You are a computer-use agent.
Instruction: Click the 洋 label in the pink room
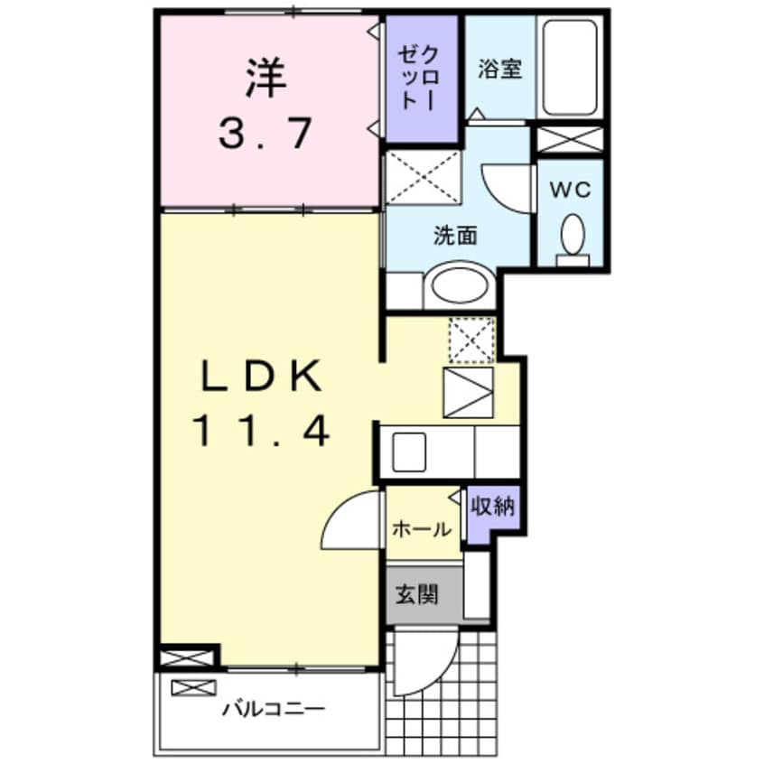tap(266, 78)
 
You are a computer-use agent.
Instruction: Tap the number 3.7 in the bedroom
tap(265, 134)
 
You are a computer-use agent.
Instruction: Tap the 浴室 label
tap(499, 69)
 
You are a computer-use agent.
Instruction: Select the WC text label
tap(571, 189)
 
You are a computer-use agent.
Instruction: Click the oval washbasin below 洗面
tap(459, 285)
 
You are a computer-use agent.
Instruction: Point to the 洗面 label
tap(455, 236)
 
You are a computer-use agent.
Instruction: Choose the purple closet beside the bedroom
tap(422, 79)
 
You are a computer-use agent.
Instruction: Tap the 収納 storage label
tap(492, 507)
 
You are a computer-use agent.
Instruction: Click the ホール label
tap(422, 529)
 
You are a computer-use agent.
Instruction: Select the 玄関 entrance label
tap(416, 594)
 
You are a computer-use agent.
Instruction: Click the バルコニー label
tap(274, 708)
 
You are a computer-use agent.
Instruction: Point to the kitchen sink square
tap(409, 452)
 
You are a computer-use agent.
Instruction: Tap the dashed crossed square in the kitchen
tap(471, 340)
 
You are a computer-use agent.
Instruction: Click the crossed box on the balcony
tap(193, 687)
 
